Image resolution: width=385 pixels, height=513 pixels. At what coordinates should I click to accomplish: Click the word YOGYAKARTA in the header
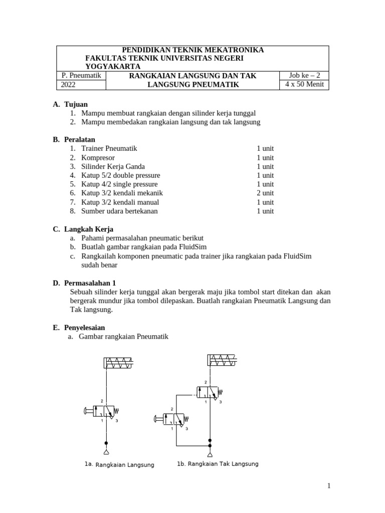pos(113,67)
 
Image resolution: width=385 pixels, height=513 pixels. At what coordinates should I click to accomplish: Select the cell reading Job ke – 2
pos(304,76)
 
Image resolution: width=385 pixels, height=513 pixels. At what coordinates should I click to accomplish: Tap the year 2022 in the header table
pos(68,85)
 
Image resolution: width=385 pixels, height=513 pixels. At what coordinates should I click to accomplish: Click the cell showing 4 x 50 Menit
pos(304,85)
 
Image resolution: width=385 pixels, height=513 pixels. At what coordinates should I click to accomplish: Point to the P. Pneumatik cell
pos(81,76)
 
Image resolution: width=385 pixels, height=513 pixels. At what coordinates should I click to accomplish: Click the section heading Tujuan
pos(76,104)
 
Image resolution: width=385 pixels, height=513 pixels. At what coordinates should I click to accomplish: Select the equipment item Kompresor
pos(97,157)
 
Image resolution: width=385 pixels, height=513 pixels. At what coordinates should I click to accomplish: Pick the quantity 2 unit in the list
pos(265,193)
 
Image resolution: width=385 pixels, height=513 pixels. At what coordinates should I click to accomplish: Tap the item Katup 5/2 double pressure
pos(121,175)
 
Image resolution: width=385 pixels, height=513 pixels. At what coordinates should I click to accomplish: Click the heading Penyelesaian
pos(84,328)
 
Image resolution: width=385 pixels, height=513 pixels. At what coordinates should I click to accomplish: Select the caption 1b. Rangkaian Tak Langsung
pos(218,464)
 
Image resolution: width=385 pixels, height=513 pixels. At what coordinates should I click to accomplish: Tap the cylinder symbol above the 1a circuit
pos(119,364)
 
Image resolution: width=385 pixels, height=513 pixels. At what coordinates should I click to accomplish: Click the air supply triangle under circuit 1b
pos(210,454)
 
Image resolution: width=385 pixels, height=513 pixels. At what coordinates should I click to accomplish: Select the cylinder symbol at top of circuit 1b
pos(222,360)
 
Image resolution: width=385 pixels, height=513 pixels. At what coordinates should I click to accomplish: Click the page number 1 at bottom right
pos(329,485)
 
